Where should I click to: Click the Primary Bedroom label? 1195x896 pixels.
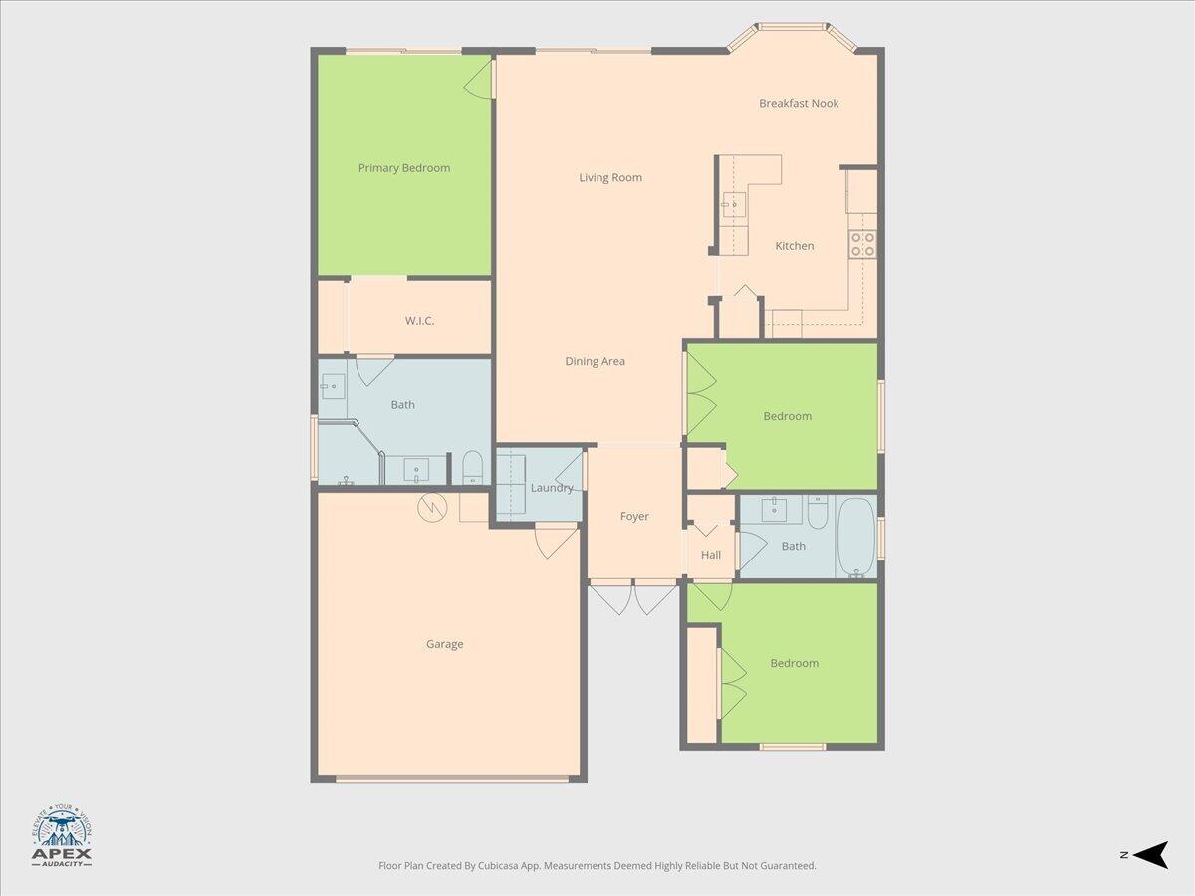(x=404, y=168)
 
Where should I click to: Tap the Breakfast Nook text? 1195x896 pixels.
(x=799, y=103)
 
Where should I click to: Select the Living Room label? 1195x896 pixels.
(x=610, y=178)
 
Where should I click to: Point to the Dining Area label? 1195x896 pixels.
(x=595, y=361)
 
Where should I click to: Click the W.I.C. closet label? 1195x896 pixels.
(x=419, y=321)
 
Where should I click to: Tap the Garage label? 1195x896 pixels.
(x=444, y=644)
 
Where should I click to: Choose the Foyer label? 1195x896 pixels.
(x=634, y=516)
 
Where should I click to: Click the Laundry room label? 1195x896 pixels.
(x=552, y=488)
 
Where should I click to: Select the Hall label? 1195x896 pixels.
(x=711, y=555)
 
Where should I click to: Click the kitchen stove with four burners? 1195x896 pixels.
(x=862, y=244)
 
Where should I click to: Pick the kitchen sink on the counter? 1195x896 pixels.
(x=735, y=205)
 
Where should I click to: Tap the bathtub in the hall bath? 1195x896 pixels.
(x=856, y=538)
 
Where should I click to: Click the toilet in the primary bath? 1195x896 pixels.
(x=473, y=467)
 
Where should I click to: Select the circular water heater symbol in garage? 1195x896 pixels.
(x=432, y=508)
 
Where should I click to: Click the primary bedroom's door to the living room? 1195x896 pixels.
(x=480, y=77)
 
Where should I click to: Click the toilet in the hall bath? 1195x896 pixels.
(x=817, y=513)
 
